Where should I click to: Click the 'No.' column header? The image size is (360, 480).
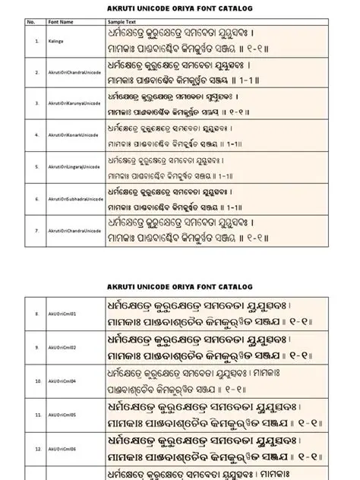[x=31, y=23]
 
